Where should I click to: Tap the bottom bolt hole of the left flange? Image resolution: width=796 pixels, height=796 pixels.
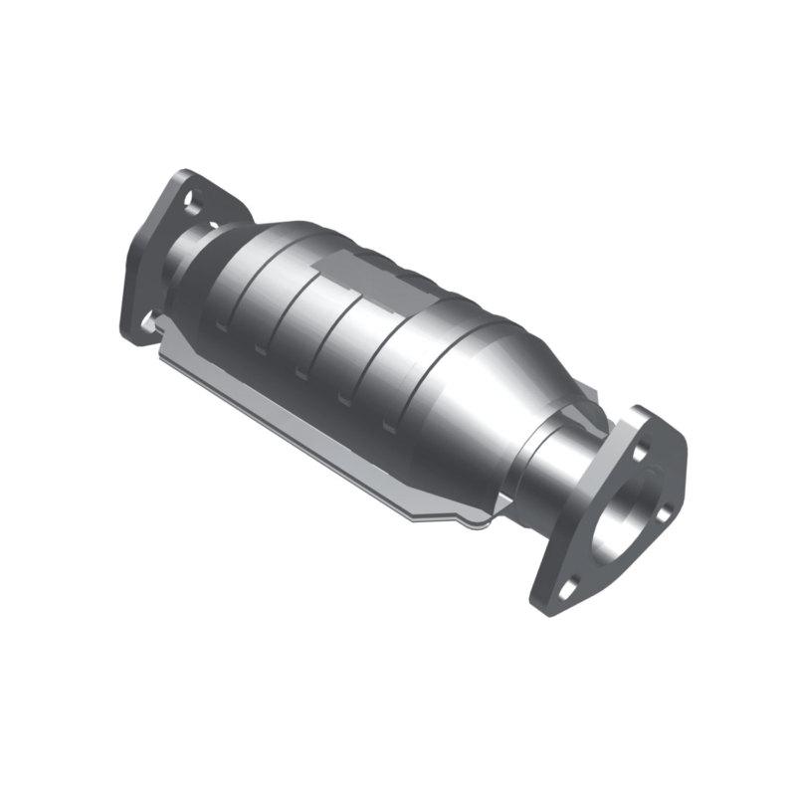151,319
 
